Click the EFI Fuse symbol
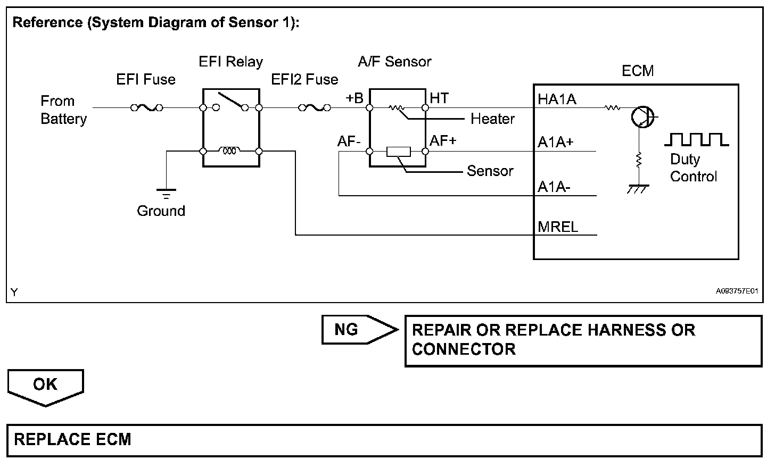click(147, 108)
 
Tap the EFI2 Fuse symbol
click(315, 108)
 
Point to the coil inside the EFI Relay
click(229, 151)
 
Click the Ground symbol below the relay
click(167, 194)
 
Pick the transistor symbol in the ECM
click(642, 117)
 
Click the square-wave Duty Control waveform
click(696, 139)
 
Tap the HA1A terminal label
click(557, 99)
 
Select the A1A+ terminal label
click(556, 142)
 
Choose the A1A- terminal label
click(554, 187)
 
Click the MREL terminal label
click(558, 227)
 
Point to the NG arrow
click(360, 330)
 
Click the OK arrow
click(46, 388)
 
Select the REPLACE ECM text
click(72, 439)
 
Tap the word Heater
click(492, 119)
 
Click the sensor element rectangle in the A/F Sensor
click(399, 152)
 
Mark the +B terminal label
click(354, 98)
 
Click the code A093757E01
click(737, 291)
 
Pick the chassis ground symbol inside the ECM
click(638, 189)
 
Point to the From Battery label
click(64, 110)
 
